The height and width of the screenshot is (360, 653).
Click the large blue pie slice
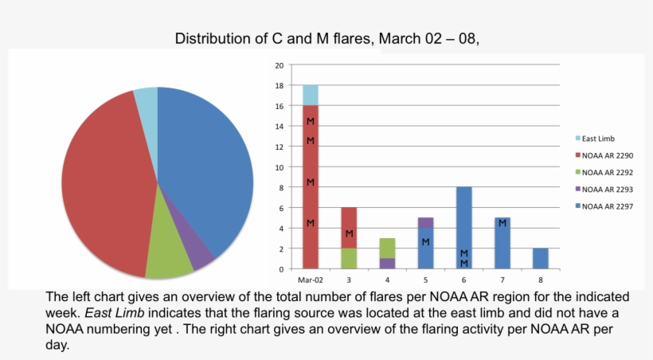pyautogui.click(x=211, y=167)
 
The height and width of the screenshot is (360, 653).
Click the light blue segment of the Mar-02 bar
pyautogui.click(x=310, y=95)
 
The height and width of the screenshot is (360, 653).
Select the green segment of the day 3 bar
pyautogui.click(x=349, y=258)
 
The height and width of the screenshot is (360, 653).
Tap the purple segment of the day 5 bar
pyautogui.click(x=426, y=222)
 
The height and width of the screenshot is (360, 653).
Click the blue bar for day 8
pyautogui.click(x=540, y=258)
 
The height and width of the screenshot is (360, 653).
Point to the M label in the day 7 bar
pyautogui.click(x=502, y=223)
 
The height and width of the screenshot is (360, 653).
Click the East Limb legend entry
pyautogui.click(x=597, y=138)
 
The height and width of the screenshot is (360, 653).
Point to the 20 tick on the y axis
pyautogui.click(x=279, y=65)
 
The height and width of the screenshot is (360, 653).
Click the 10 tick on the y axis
pyautogui.click(x=279, y=167)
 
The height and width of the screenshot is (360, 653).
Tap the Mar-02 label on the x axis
pyautogui.click(x=310, y=280)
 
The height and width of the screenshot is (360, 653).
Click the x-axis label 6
pyautogui.click(x=463, y=280)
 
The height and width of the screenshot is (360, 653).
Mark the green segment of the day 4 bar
pyautogui.click(x=387, y=248)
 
